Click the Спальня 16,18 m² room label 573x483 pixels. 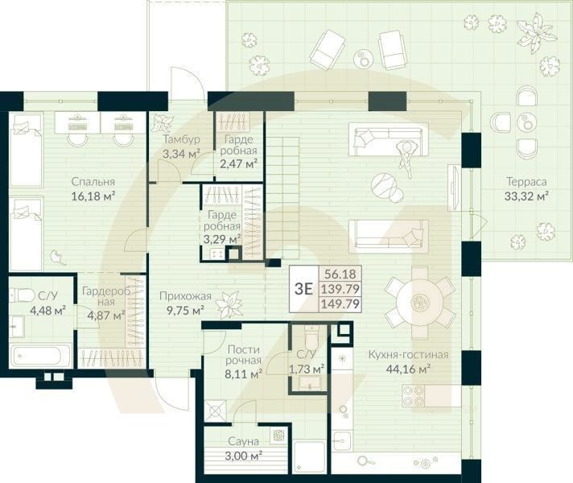[x=92, y=188]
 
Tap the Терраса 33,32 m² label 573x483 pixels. [x=521, y=188]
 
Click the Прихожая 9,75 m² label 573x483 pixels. [x=181, y=302]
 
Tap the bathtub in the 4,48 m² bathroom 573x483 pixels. [x=40, y=355]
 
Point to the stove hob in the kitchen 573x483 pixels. [x=414, y=395]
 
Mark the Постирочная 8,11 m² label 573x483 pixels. [x=244, y=361]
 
